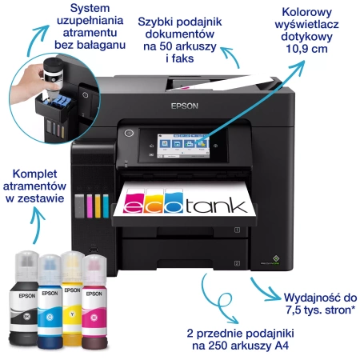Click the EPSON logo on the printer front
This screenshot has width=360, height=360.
pos(185,106)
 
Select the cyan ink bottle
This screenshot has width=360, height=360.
pos(50,302)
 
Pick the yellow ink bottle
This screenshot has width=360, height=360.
pos(72,298)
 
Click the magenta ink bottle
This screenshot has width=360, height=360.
pos(94,302)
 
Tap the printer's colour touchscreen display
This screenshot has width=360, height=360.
pos(183,146)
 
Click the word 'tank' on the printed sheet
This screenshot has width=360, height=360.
pos(216,205)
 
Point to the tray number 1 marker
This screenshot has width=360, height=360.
pos(237,230)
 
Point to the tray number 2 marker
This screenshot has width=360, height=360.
pos(237,263)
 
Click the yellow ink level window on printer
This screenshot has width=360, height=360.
pos(98,206)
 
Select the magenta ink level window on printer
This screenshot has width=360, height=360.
pos(90,206)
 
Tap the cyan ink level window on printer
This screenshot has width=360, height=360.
pos(106,206)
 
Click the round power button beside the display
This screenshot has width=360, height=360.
pos(129,133)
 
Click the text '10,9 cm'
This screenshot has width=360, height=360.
pos(306,49)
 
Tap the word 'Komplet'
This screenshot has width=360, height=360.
pos(34,174)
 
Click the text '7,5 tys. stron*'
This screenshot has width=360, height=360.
pos(321,310)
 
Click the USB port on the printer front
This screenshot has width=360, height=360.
pos(94,249)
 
